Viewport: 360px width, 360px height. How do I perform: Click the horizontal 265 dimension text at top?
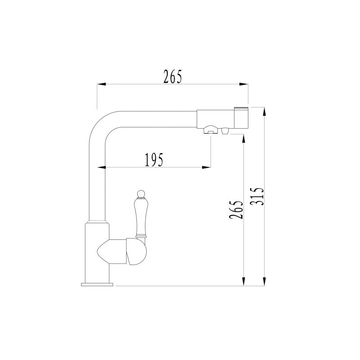(x=173, y=77)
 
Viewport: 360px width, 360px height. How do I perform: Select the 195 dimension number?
(x=153, y=160)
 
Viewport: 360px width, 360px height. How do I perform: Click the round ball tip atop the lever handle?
(x=140, y=194)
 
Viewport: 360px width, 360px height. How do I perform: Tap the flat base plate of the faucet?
(x=97, y=284)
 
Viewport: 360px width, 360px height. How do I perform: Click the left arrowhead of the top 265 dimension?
(x=101, y=84)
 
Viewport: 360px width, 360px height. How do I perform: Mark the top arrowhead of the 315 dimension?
(x=265, y=111)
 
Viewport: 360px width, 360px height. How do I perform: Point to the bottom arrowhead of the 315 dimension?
(x=265, y=282)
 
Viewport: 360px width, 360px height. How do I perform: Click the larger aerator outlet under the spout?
(x=210, y=131)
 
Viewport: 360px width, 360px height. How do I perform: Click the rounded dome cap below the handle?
(x=137, y=252)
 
